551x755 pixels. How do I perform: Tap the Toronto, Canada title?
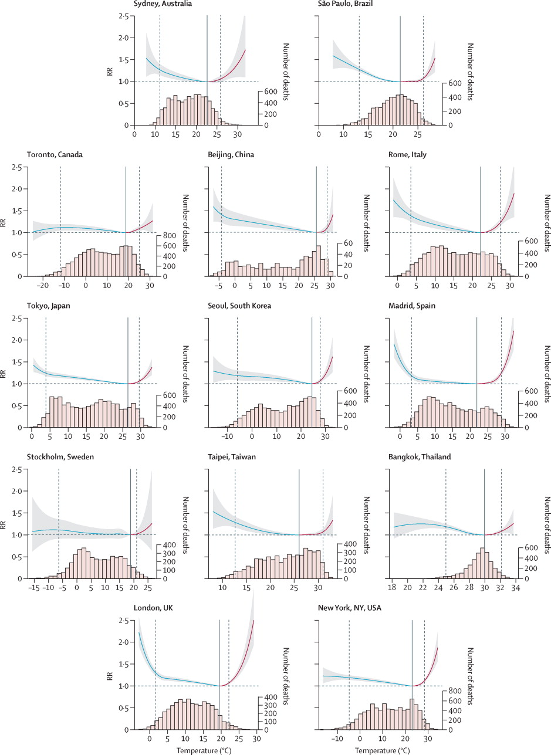coord(55,155)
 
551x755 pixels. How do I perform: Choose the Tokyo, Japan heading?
coord(49,306)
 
